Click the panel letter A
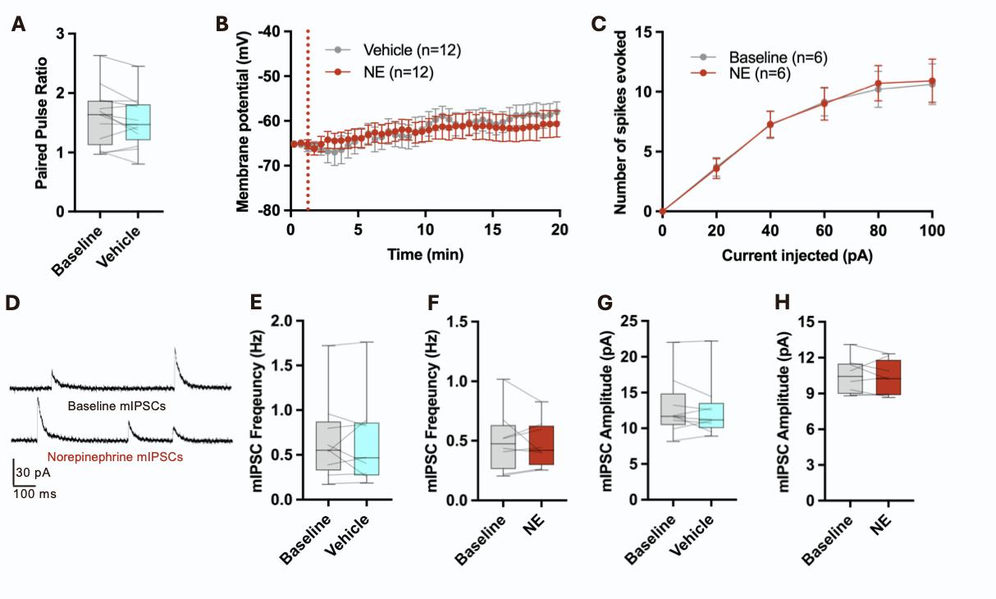[x=17, y=25]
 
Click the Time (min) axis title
[x=425, y=254]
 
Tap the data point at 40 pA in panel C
[x=770, y=125]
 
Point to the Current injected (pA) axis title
[x=797, y=255]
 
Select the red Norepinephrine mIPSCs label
[x=115, y=456]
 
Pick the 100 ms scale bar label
[x=37, y=494]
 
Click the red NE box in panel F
[x=541, y=446]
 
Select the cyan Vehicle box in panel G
[x=710, y=415]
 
